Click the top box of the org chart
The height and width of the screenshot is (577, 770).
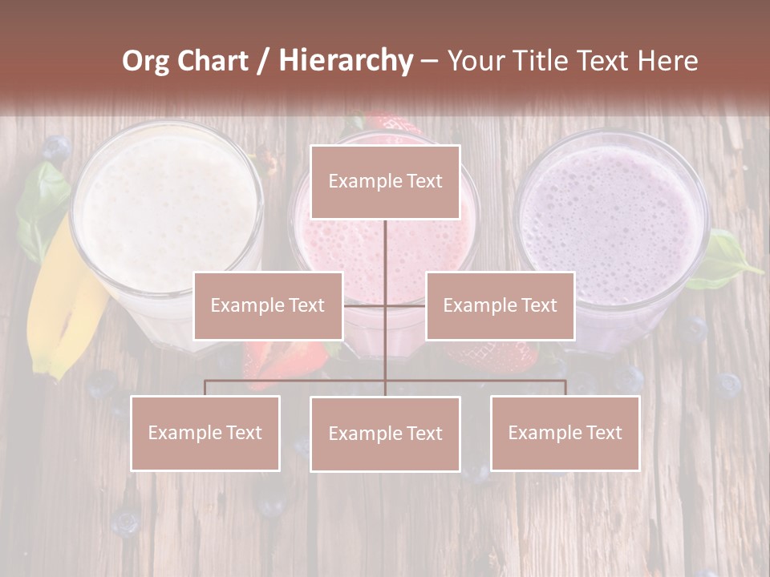[x=385, y=182]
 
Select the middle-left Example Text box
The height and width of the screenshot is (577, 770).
[x=268, y=305]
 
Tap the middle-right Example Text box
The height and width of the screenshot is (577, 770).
[x=500, y=305]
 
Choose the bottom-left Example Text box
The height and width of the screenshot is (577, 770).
[x=205, y=433]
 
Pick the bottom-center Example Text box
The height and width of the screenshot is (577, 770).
[x=385, y=434]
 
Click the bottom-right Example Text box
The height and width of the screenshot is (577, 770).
[x=565, y=433]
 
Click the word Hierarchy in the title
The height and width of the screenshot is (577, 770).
[x=346, y=61]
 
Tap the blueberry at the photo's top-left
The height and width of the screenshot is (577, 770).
[x=55, y=149]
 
